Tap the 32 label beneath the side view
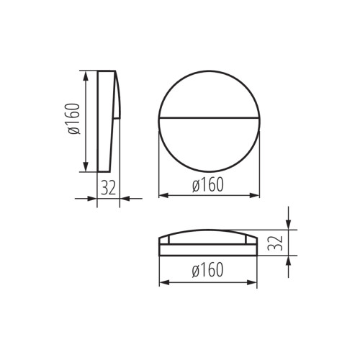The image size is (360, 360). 108,187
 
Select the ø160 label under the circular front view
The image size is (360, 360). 208,185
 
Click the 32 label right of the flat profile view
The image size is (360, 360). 276,243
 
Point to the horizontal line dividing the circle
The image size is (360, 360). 209,116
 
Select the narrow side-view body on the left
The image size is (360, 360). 107,120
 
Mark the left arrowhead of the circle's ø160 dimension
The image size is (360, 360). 162,195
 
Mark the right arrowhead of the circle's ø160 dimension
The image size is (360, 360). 256,195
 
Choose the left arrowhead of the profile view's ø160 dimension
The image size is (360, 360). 162,282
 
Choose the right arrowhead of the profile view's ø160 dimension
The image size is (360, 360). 256,282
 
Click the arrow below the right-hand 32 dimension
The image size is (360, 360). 288,261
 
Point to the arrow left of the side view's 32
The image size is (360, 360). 91,197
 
